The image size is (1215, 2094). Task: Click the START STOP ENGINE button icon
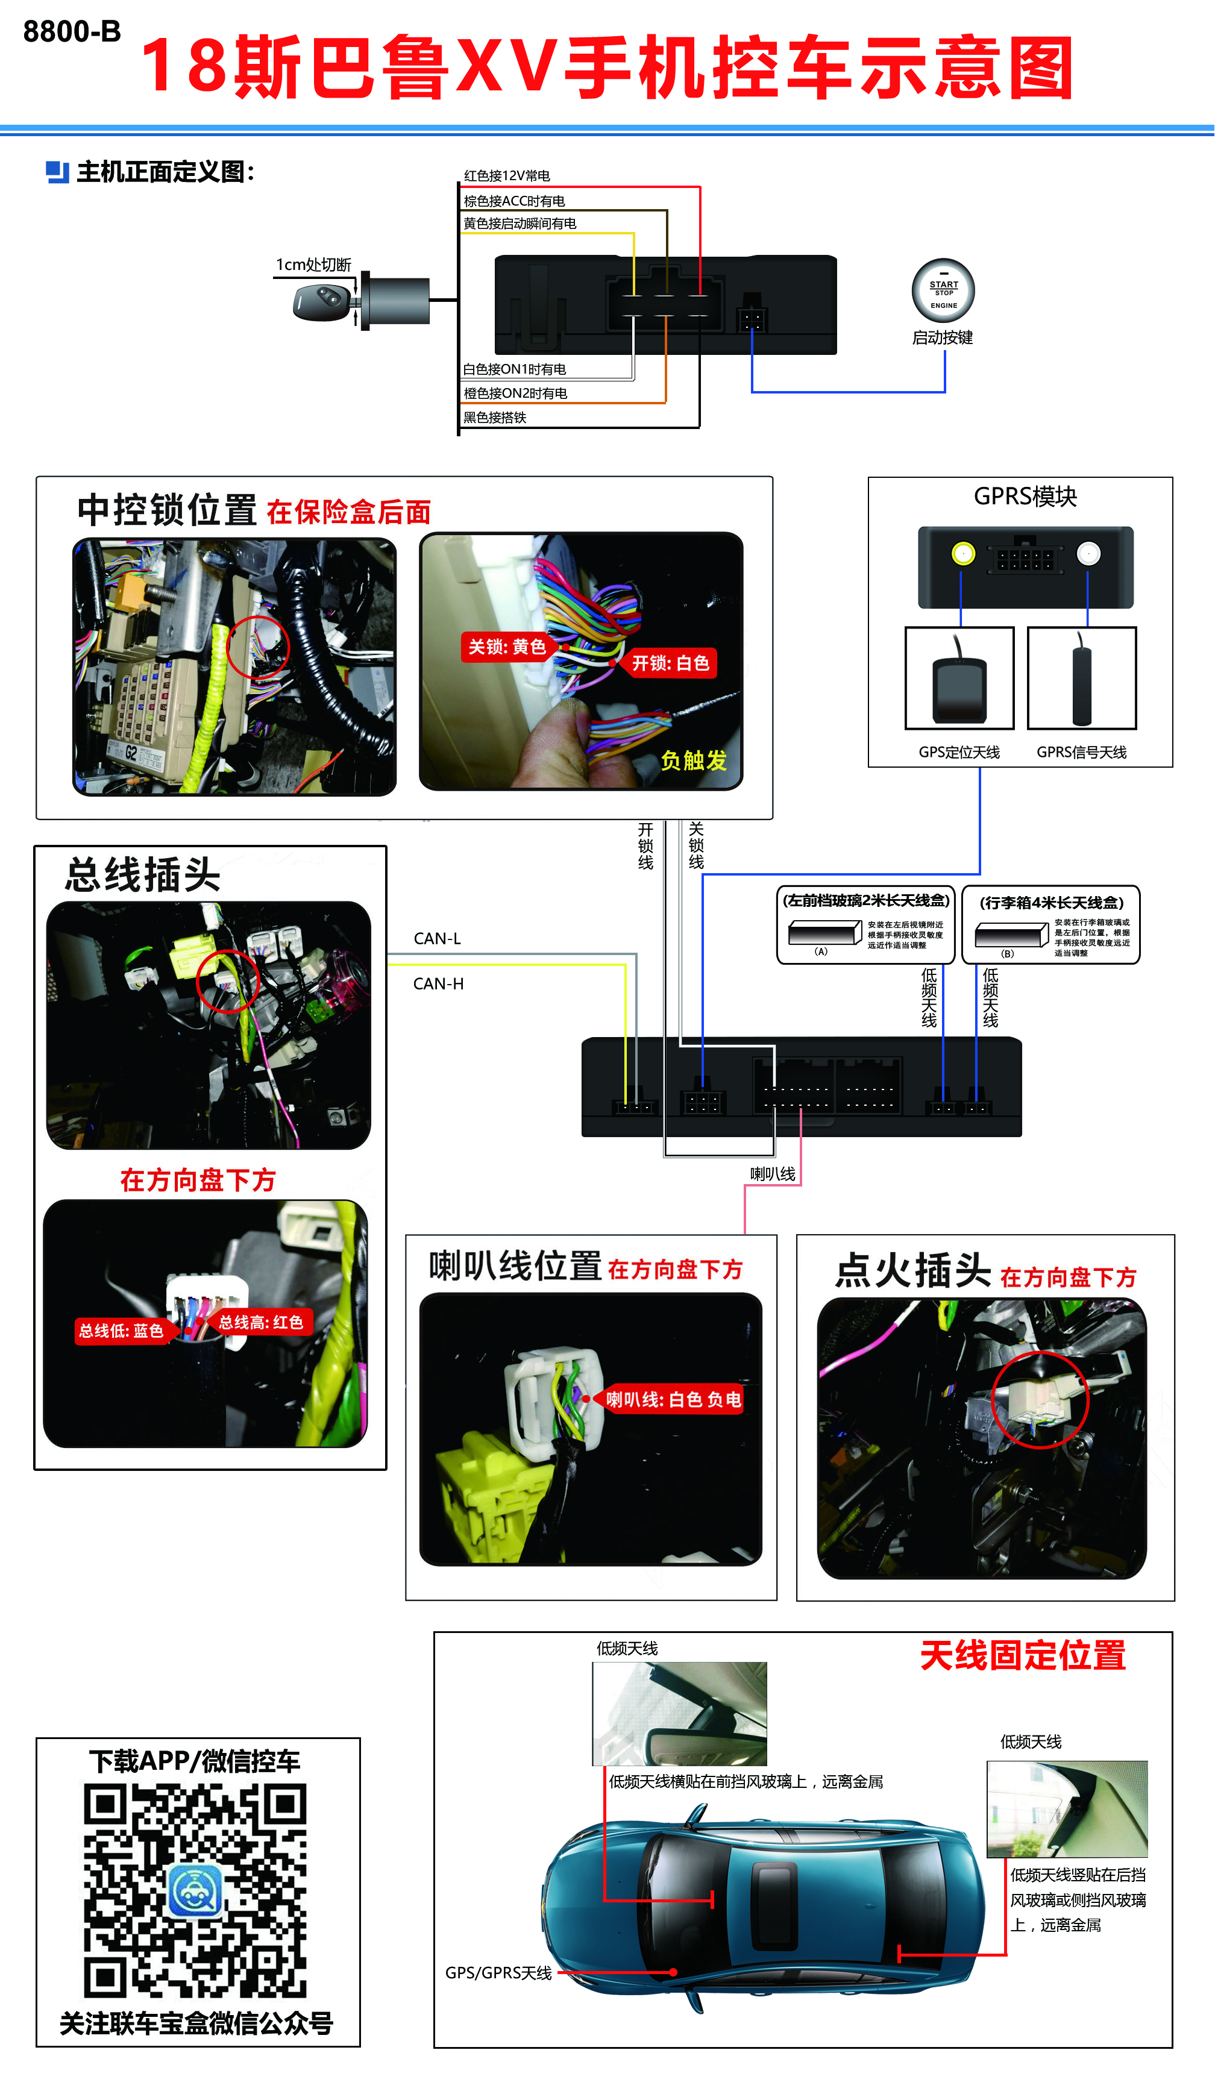[x=943, y=291]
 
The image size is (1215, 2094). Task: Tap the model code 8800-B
[x=72, y=31]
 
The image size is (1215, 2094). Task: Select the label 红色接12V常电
[x=507, y=175]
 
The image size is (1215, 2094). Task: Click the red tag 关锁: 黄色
[x=506, y=647]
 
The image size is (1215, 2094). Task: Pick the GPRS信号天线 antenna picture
[x=1081, y=678]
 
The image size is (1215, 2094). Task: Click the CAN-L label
[x=437, y=938]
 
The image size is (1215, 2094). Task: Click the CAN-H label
[x=438, y=984]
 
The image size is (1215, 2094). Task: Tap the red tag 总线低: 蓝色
[x=121, y=1331]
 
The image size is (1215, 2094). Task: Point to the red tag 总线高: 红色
[x=261, y=1322]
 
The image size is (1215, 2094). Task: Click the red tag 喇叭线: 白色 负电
[x=673, y=1399]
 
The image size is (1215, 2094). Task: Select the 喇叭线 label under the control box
[x=772, y=1173]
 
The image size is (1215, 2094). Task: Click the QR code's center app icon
[x=195, y=1890]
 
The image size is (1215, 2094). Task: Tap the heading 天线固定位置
[x=1022, y=1655]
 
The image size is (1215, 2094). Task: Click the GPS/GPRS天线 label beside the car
[x=498, y=1973]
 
